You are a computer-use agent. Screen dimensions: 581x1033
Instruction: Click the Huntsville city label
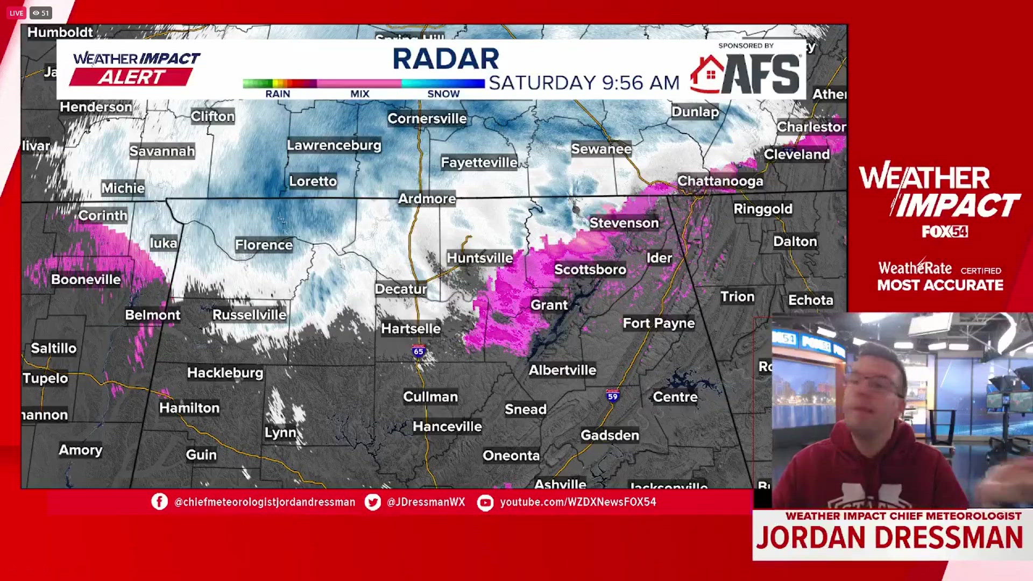(479, 258)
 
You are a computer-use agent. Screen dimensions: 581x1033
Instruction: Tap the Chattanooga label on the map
(720, 181)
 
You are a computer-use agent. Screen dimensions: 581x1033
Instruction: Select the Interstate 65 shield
(419, 351)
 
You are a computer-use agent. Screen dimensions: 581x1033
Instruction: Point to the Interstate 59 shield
(612, 396)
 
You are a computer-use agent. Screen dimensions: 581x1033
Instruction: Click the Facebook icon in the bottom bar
(159, 502)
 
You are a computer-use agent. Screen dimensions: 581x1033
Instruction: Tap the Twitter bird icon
(372, 502)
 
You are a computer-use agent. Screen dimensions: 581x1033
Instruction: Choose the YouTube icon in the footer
(485, 502)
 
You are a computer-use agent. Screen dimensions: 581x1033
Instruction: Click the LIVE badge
(16, 13)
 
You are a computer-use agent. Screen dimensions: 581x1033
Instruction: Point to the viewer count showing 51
(41, 13)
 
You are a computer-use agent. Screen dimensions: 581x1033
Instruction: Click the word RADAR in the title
(445, 59)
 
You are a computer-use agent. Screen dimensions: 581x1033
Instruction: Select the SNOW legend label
(443, 94)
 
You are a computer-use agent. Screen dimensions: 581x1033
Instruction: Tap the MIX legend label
(359, 94)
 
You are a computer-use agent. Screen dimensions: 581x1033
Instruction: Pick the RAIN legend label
(278, 94)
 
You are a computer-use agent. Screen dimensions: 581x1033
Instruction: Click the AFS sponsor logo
(746, 74)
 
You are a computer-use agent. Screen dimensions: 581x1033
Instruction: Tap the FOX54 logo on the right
(944, 232)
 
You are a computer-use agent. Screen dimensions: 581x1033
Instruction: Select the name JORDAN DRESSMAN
(889, 537)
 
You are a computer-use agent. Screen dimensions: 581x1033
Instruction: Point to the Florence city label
(264, 245)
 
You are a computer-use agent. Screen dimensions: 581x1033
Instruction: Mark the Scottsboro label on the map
(590, 270)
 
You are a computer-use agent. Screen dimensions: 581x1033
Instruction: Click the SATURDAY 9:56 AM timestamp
(584, 83)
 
